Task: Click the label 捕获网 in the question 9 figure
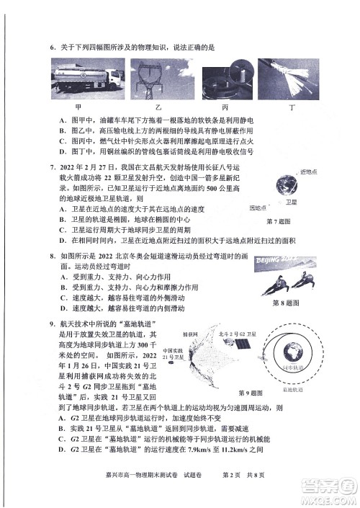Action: coord(190,334)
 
